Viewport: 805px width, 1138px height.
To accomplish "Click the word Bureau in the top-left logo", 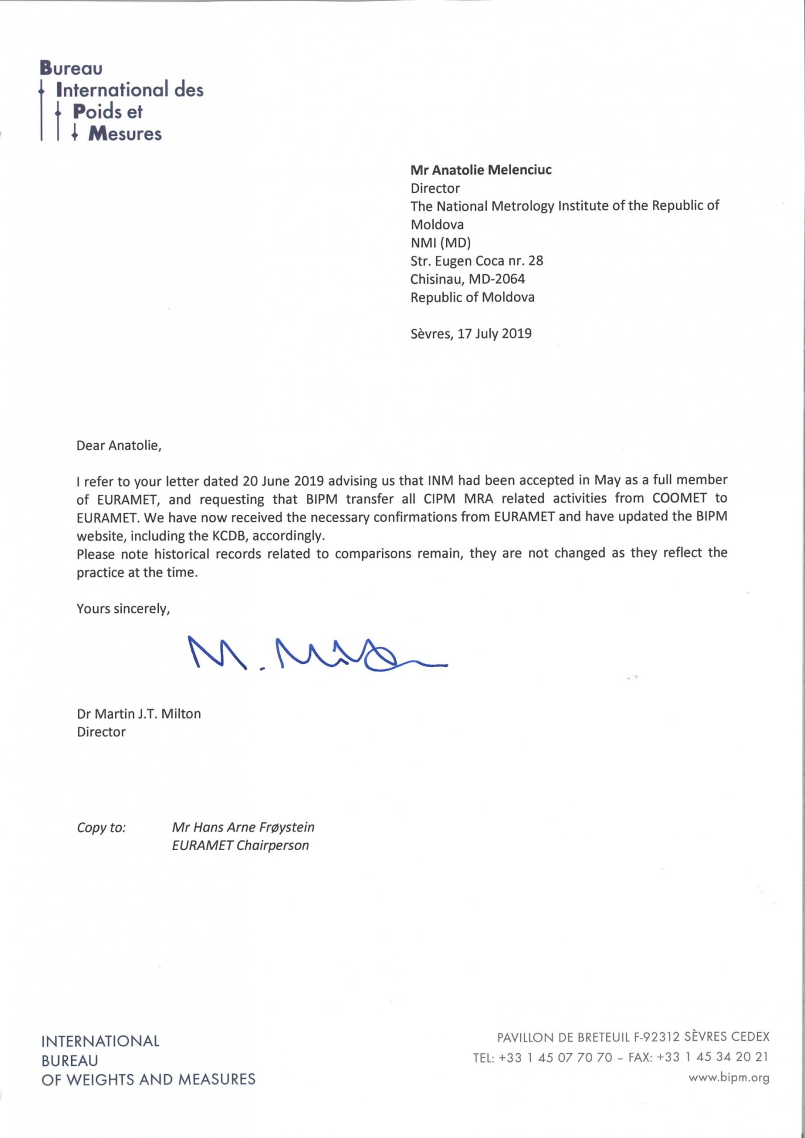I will [71, 68].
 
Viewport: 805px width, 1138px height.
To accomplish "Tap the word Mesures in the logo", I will [125, 134].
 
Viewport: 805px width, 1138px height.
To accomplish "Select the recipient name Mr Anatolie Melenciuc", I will [480, 170].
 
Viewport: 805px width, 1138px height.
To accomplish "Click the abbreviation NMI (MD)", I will [441, 243].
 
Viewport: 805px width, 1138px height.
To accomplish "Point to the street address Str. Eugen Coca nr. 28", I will [477, 261].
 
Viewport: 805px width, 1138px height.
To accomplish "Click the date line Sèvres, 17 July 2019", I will [471, 333].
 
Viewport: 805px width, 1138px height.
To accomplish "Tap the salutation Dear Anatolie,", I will [119, 446].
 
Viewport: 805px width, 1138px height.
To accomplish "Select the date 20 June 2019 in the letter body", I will [283, 481].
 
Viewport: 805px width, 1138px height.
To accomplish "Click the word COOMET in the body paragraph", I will [679, 498].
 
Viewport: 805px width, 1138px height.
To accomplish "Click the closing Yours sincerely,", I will [123, 609].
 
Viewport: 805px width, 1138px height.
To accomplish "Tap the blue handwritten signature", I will [317, 654].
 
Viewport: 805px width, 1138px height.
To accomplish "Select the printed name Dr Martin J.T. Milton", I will [139, 714].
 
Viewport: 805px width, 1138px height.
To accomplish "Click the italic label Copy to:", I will [101, 827].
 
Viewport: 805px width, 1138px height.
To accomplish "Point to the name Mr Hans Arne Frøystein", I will [243, 827].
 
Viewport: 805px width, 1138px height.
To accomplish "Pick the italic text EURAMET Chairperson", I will [240, 846].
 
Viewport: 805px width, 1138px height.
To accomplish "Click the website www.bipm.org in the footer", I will [729, 1077].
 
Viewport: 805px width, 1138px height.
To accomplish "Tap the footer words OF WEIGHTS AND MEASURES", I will [148, 1079].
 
